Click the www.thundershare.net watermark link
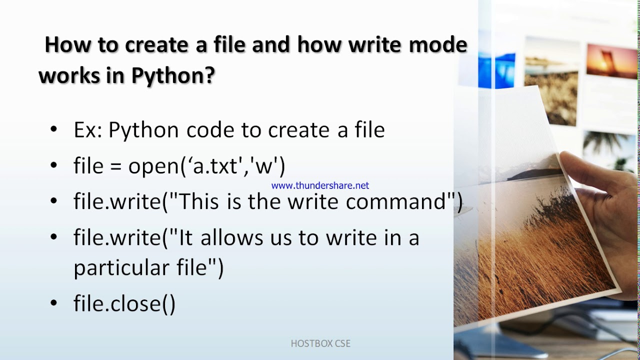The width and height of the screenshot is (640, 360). click(x=320, y=185)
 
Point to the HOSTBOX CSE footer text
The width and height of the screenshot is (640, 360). click(x=320, y=343)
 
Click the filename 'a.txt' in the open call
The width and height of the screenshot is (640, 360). click(x=215, y=166)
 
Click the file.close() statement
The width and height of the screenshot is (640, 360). click(x=124, y=304)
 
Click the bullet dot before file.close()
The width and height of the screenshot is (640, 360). click(x=54, y=303)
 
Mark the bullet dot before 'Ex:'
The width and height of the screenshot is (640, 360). click(x=54, y=130)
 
